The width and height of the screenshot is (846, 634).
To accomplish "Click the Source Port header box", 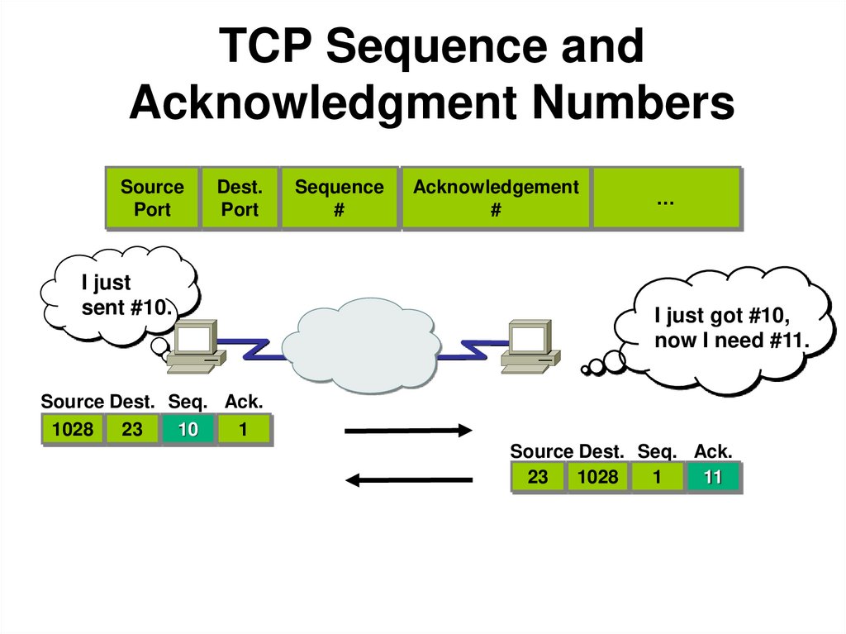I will tap(152, 198).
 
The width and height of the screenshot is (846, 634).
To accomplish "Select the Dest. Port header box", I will tap(240, 198).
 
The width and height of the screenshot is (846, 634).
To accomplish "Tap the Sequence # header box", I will tap(339, 198).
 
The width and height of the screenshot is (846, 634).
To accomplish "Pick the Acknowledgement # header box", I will tap(496, 198).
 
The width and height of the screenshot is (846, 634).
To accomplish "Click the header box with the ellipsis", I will tap(666, 198).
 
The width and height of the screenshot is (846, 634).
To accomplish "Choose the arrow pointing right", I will tap(407, 430).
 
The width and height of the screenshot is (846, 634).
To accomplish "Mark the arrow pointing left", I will tap(408, 479).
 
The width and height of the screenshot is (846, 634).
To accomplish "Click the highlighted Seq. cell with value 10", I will tap(188, 429).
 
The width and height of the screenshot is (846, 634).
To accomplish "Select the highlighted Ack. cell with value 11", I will tap(712, 477).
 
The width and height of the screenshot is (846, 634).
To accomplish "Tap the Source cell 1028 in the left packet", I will tap(73, 429).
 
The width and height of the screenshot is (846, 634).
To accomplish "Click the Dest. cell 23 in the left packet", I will tap(132, 429).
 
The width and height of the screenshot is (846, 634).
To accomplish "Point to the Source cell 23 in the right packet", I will tap(538, 477).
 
